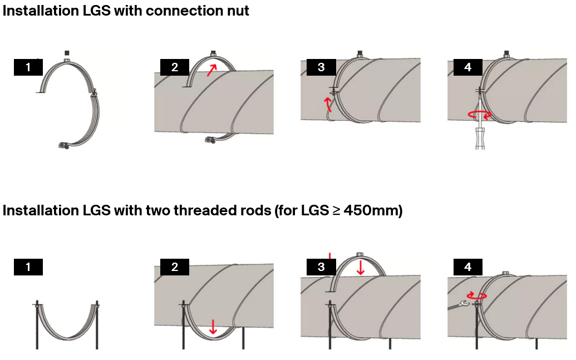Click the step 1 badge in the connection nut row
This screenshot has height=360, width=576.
coord(28,67)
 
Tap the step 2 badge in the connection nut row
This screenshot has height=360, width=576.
coord(175,67)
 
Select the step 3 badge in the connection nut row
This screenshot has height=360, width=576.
coord(321,67)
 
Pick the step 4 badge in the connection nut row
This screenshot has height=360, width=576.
coord(467,67)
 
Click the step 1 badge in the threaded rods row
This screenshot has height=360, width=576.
coord(28,267)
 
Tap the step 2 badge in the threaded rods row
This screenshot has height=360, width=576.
coord(175,267)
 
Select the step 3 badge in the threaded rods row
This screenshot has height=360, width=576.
coord(321,267)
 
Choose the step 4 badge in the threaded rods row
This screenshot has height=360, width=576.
coord(467,267)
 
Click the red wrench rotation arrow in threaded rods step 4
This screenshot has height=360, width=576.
coord(476,295)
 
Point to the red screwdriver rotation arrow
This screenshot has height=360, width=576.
coord(480,115)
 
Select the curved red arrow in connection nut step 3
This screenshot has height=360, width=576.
coord(328,104)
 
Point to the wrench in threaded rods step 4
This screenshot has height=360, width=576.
coord(458,304)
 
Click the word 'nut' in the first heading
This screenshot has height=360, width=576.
coord(236,11)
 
